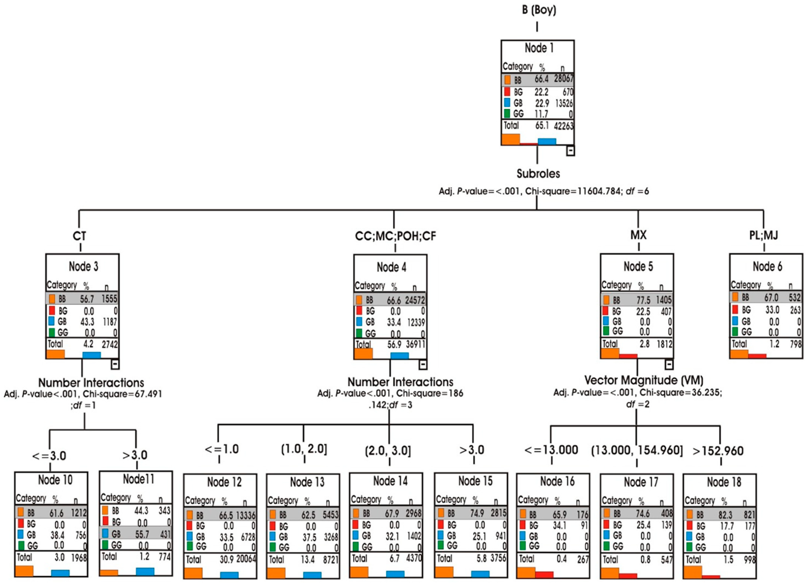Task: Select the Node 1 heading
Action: point(539,48)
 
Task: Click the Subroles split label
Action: point(538,174)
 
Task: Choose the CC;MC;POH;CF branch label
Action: point(395,236)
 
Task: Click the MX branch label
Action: point(638,235)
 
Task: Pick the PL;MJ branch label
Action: point(763,235)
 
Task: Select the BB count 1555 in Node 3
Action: point(109,299)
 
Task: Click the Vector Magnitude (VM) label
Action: point(644,381)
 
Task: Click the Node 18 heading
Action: point(724,482)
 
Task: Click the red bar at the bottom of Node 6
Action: point(757,356)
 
